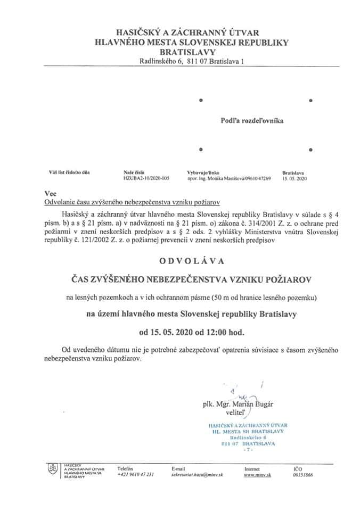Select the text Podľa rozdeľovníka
252,121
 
